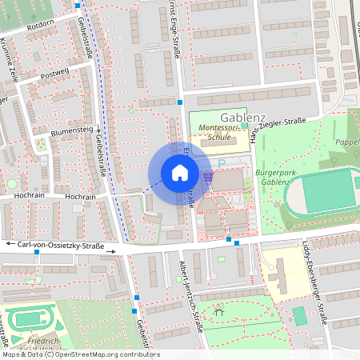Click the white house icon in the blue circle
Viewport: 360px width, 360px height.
tap(180, 172)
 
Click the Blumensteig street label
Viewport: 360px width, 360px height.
tap(72, 130)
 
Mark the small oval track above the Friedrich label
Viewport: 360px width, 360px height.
tap(30, 319)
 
